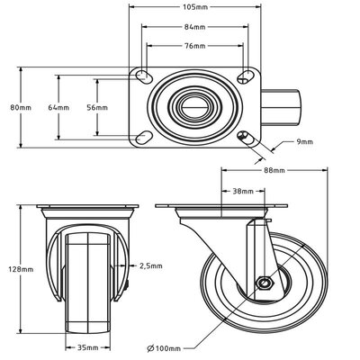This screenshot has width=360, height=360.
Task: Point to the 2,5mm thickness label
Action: point(151,266)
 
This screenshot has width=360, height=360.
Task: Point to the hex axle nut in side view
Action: point(265,284)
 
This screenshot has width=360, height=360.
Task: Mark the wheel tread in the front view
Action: point(87,279)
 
